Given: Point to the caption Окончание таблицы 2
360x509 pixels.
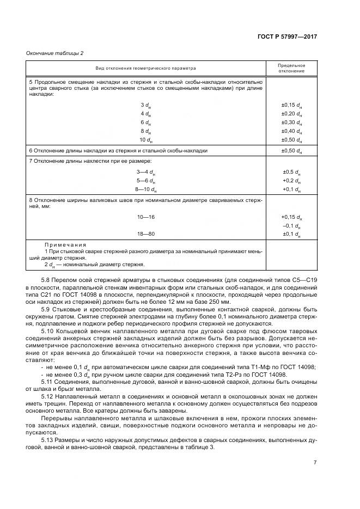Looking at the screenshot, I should click(56, 53).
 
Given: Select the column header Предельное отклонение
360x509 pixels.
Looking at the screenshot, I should click(291, 68).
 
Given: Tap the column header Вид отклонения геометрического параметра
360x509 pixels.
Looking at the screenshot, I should click(146, 68).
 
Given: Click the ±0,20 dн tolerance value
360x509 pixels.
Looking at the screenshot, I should click(291, 113).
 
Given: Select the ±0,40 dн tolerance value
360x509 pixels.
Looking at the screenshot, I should click(291, 131).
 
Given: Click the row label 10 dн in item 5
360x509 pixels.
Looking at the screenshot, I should click(145, 140).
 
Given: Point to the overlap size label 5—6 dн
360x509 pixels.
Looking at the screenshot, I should click(146, 180).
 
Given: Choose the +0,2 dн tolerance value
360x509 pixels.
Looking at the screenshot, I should click(291, 180).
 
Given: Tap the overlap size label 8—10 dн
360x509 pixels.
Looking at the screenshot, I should click(146, 189).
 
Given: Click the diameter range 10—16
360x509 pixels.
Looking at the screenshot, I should click(146, 217).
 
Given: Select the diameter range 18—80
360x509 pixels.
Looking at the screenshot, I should click(146, 234).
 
